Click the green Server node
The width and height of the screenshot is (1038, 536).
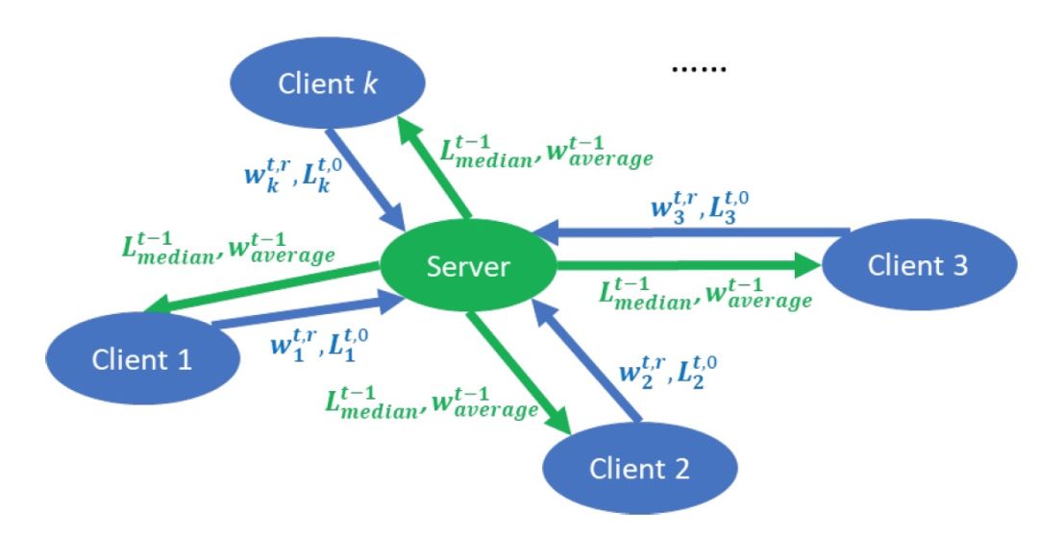[x=467, y=266]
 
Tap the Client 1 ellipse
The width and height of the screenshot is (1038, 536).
[x=142, y=359]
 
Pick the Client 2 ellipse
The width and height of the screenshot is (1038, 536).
[x=640, y=469]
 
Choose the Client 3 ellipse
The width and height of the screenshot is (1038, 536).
[x=919, y=265]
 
